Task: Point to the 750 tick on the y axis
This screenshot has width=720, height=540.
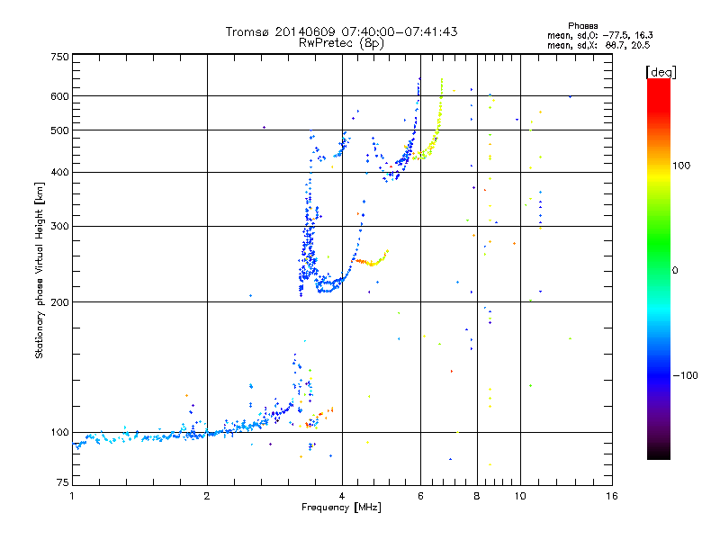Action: [59, 56]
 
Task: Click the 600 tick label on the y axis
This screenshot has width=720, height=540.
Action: [59, 95]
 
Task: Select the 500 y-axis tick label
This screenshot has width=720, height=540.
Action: [59, 130]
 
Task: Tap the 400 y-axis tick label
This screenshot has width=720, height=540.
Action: [59, 172]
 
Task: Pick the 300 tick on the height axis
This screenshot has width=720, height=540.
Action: [59, 226]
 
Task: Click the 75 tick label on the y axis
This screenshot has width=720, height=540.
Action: [62, 486]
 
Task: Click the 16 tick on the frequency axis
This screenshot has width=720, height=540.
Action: [610, 496]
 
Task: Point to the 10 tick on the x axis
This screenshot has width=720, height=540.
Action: [520, 496]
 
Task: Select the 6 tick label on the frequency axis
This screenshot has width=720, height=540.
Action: [420, 496]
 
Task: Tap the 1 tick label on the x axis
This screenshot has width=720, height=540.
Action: [72, 496]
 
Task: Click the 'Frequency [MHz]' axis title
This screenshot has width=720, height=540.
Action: [341, 508]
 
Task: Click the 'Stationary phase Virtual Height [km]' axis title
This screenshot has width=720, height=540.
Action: [40, 271]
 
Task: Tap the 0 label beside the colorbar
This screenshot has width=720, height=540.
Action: [677, 270]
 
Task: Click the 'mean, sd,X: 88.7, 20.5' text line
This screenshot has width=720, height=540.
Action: [598, 44]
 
